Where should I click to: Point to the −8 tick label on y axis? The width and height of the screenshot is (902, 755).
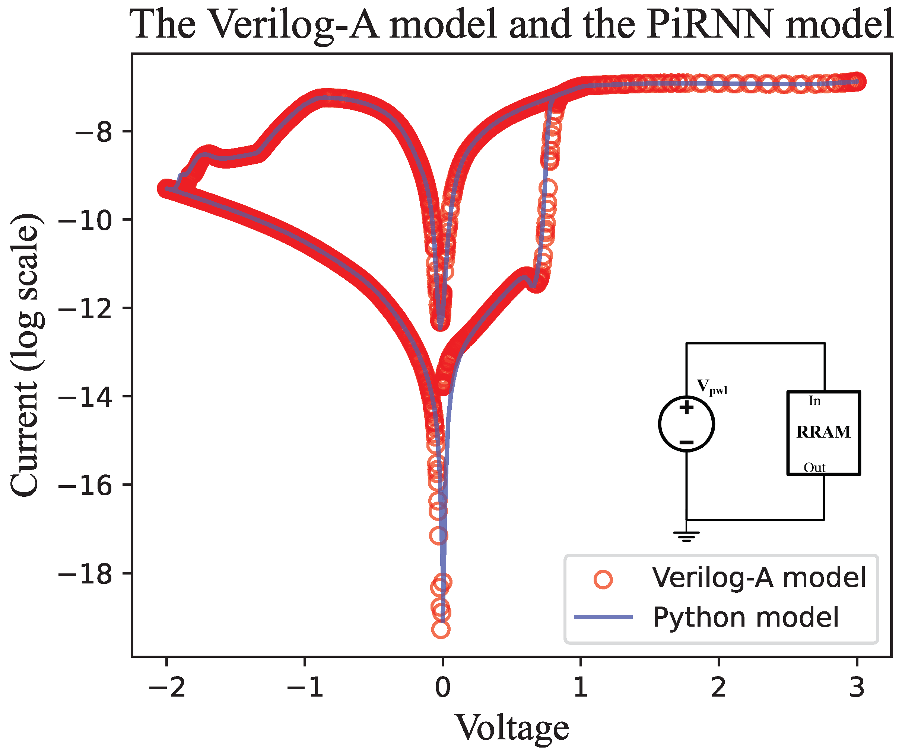pyautogui.click(x=93, y=132)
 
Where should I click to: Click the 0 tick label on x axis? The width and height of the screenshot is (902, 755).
pyautogui.click(x=442, y=687)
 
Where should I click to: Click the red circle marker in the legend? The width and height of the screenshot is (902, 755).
pyautogui.click(x=603, y=579)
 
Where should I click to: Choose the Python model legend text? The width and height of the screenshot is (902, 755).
pyautogui.click(x=745, y=618)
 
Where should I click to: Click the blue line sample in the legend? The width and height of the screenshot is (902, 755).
pyautogui.click(x=603, y=617)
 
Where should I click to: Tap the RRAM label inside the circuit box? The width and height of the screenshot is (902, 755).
pyautogui.click(x=823, y=432)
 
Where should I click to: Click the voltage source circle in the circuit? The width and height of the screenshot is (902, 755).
pyautogui.click(x=686, y=424)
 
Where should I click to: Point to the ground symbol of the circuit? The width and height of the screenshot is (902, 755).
pyautogui.click(x=686, y=536)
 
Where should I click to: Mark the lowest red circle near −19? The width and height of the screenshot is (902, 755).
pyautogui.click(x=441, y=630)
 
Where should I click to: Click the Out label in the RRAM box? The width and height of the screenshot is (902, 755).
pyautogui.click(x=814, y=468)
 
